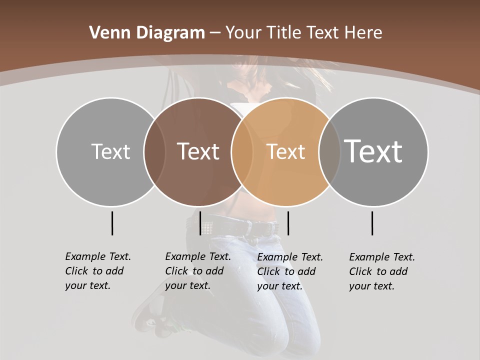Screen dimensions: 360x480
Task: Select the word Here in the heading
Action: click(363, 33)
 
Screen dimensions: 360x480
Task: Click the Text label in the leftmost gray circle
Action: click(110, 151)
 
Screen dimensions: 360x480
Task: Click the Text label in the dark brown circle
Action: click(198, 151)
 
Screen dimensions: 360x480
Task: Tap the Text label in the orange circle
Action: click(285, 151)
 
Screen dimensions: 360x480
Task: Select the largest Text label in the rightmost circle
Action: click(373, 151)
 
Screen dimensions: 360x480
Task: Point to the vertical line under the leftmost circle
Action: click(112, 223)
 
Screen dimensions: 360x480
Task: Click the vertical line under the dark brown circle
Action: click(200, 223)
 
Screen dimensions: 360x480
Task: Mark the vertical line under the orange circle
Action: click(288, 223)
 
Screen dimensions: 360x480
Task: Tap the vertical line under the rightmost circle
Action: click(372, 223)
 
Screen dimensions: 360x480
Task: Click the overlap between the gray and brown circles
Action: click(154, 151)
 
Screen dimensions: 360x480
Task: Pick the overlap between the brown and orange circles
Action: click(242, 151)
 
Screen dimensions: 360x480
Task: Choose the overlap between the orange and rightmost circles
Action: click(329, 151)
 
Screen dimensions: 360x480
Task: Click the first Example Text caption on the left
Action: click(97, 271)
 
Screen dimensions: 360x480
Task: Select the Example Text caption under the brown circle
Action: click(197, 271)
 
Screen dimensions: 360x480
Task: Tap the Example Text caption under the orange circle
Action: click(289, 271)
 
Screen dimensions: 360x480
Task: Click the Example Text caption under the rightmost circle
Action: click(381, 271)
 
